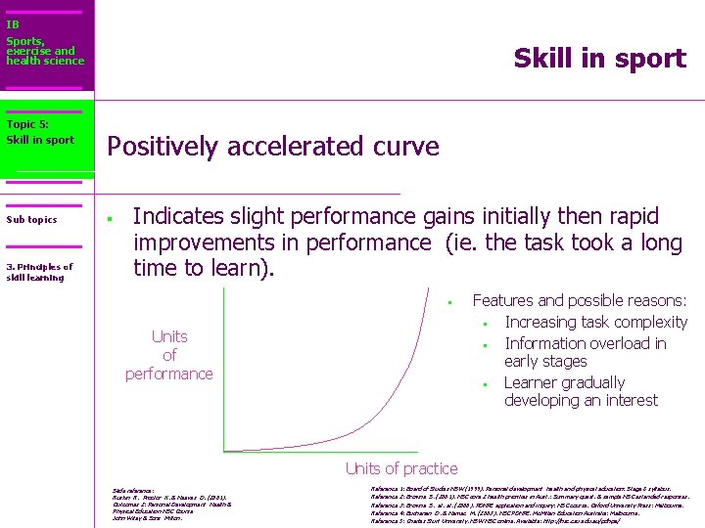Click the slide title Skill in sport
coord(599,59)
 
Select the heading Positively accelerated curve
coord(272,147)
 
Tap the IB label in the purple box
coord(13,24)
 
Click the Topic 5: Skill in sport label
coord(40,132)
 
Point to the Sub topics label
coord(31,220)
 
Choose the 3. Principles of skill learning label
coord(39,272)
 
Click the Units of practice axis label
coord(400,469)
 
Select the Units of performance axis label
coord(168,355)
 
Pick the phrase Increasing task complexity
coord(595,322)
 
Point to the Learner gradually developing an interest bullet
coord(580,391)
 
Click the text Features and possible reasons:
coord(579,301)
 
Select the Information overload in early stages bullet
coord(585,352)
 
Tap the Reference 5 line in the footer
coord(509,521)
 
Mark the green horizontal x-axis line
coord(323,451)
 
